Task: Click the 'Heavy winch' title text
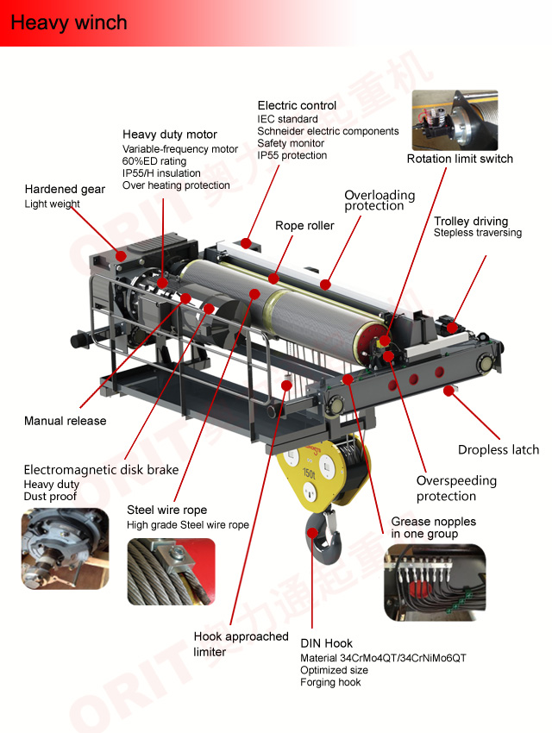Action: coord(69,23)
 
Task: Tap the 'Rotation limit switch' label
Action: coord(460,159)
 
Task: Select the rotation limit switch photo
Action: coord(455,120)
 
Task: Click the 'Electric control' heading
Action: coord(297,106)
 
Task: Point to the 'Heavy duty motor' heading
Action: coord(170,135)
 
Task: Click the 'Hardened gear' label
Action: coord(65,190)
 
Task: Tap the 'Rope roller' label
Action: coord(304,226)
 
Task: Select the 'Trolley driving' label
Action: coord(471,221)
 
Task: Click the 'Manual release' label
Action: coord(65,421)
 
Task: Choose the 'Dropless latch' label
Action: coord(499,449)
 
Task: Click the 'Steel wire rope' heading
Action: coord(166,510)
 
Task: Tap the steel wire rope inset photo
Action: coord(171,572)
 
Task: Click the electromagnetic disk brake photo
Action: coord(65,548)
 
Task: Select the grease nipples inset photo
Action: coord(435,582)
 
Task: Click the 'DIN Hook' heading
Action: coord(326,643)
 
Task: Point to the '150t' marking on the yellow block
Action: coord(309,473)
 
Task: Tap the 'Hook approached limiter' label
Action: coord(241,644)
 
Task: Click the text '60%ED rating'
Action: coord(154,161)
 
